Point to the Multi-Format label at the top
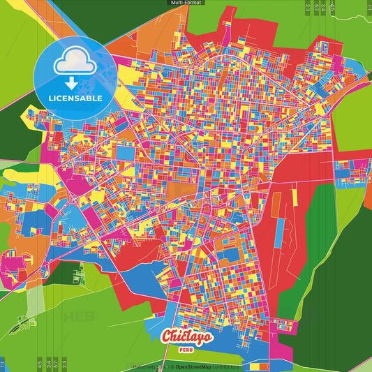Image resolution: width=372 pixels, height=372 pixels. pyautogui.click(x=186, y=3)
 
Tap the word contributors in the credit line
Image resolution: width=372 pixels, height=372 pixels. pyautogui.click(x=225, y=366)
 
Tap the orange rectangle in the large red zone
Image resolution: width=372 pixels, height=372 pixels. pyautogui.click(x=276, y=203)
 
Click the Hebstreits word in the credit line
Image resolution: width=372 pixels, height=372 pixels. pyautogui.click(x=145, y=366)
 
